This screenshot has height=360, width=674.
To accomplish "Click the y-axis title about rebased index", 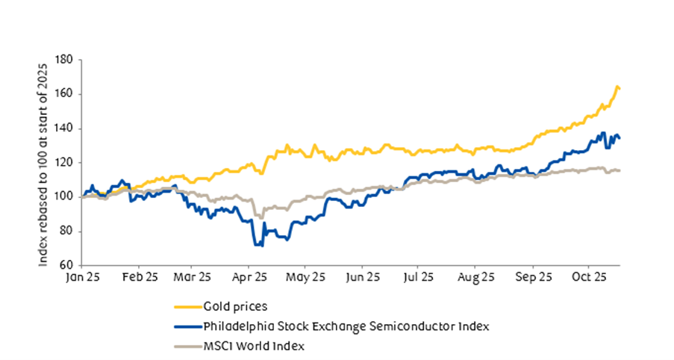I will pos(47,162).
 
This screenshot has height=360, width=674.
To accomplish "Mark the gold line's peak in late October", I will pos(617,87).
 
